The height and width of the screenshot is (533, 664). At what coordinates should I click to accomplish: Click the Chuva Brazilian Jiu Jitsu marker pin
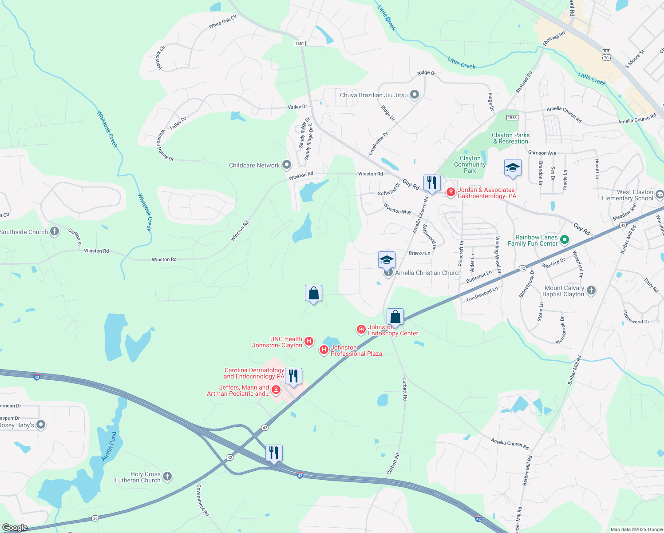(x=415, y=95)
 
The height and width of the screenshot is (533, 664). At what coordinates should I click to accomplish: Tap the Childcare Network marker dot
(x=287, y=165)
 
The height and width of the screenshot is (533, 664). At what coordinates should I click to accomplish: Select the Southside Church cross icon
(x=55, y=231)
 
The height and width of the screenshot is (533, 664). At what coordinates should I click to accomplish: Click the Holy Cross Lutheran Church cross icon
(x=167, y=477)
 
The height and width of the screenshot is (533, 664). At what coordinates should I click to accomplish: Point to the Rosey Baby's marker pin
(x=41, y=425)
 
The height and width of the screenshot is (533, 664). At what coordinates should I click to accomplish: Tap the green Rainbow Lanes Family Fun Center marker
(x=565, y=240)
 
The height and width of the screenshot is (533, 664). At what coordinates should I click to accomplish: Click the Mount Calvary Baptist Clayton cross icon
(x=591, y=290)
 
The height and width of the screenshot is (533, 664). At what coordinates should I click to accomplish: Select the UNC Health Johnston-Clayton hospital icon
(x=309, y=342)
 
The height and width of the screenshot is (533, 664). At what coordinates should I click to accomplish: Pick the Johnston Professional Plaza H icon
(x=324, y=350)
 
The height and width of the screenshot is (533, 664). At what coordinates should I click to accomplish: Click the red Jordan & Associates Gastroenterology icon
(x=451, y=192)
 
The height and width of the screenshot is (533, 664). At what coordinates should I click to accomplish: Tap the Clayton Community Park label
(x=470, y=164)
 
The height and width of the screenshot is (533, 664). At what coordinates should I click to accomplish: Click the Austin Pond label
(x=109, y=446)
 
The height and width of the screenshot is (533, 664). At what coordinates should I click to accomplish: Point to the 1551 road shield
(x=300, y=43)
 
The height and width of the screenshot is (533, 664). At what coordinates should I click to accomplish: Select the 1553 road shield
(x=512, y=118)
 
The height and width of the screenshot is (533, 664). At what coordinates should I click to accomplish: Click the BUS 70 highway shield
(x=606, y=55)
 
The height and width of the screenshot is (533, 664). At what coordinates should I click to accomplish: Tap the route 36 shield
(x=95, y=518)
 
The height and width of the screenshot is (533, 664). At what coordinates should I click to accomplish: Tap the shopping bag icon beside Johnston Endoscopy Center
(x=395, y=317)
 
